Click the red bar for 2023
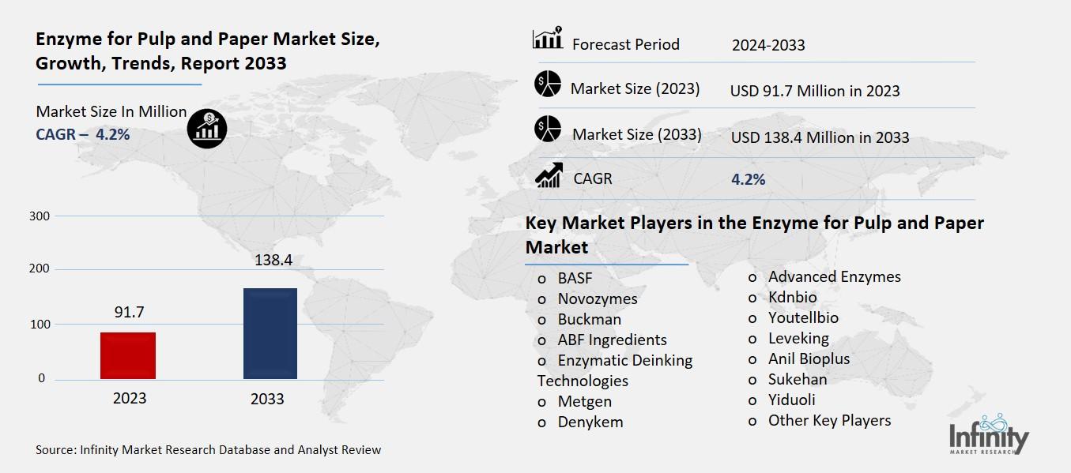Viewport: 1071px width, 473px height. point(128,355)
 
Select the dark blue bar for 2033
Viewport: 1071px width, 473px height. point(270,333)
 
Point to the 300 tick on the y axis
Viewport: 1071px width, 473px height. point(40,216)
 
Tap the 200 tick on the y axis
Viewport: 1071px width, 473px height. point(40,269)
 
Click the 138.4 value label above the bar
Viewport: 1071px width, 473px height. point(269,260)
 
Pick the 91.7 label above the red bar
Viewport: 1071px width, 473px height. point(129,312)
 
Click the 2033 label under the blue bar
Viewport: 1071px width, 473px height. point(267,399)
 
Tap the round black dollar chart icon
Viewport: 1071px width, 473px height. point(207,129)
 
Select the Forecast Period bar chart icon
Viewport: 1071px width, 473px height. point(547,39)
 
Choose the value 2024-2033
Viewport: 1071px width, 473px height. point(768,45)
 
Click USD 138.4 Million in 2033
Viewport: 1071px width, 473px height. point(820,137)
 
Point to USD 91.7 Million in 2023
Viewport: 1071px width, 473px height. point(815,91)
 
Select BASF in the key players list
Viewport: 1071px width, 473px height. point(575,278)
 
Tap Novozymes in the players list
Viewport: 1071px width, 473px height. point(597,298)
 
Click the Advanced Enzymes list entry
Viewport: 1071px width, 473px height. point(834,276)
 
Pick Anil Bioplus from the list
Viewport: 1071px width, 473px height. point(809,359)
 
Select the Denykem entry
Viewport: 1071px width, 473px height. point(590,422)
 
